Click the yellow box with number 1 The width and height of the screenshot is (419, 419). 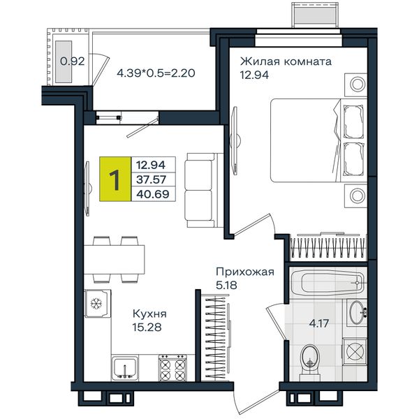(x=115, y=179)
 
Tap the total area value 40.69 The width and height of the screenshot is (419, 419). (x=153, y=193)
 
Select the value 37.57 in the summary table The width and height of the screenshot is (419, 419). (x=152, y=179)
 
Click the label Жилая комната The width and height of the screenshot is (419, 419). (x=286, y=61)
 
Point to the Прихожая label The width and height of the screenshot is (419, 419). (x=245, y=272)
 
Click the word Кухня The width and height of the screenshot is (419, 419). (x=149, y=314)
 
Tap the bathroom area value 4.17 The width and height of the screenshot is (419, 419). (x=319, y=323)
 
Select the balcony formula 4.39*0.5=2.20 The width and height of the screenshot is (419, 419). (x=156, y=73)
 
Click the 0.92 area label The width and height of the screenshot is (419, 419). (x=72, y=61)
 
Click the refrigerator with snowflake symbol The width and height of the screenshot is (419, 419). (x=98, y=303)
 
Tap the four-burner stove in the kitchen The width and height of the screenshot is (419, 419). (x=172, y=368)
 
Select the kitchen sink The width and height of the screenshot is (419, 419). (x=125, y=368)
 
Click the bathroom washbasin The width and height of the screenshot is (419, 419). (x=357, y=312)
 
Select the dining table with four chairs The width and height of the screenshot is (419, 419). (x=115, y=259)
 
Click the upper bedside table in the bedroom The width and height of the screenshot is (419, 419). (x=356, y=84)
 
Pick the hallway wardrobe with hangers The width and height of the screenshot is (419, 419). (x=216, y=337)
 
